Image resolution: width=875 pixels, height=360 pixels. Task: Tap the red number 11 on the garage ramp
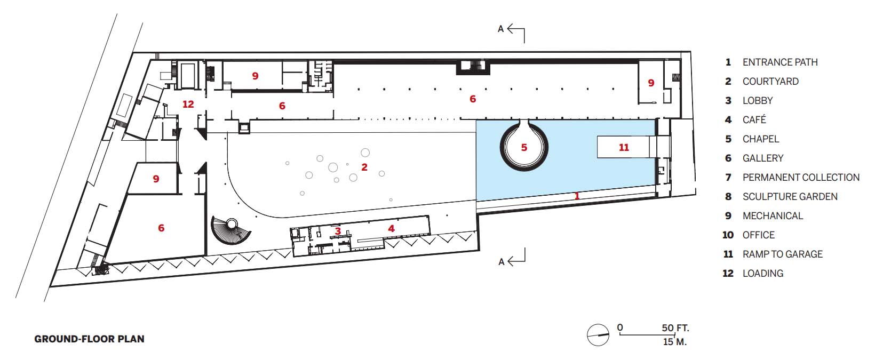(x=624, y=147)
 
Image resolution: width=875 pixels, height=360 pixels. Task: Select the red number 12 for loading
(x=188, y=104)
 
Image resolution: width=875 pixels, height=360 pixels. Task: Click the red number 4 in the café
(x=392, y=228)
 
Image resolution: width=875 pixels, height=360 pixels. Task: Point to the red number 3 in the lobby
(x=338, y=231)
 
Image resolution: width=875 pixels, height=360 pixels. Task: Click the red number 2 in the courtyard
(x=364, y=167)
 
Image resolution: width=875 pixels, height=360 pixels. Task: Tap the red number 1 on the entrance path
(x=577, y=195)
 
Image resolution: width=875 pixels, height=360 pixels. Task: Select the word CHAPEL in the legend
(x=760, y=139)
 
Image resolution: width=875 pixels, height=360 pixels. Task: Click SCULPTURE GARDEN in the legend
(x=790, y=196)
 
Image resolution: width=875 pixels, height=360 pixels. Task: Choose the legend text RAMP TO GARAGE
(x=782, y=254)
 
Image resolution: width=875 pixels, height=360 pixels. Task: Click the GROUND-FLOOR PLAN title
(x=90, y=339)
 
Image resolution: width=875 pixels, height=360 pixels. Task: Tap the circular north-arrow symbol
(x=598, y=335)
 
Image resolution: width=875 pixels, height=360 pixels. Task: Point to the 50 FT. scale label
(x=675, y=327)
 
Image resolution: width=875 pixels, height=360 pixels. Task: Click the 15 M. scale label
(x=674, y=342)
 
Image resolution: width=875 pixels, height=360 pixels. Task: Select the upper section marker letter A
(x=501, y=29)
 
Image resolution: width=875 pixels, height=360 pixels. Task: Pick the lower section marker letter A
(x=502, y=262)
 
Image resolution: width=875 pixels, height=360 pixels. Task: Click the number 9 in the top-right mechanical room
(x=651, y=83)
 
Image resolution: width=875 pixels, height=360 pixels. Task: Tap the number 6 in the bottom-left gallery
(x=161, y=228)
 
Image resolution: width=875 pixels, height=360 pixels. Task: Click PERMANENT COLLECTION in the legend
(x=801, y=177)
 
